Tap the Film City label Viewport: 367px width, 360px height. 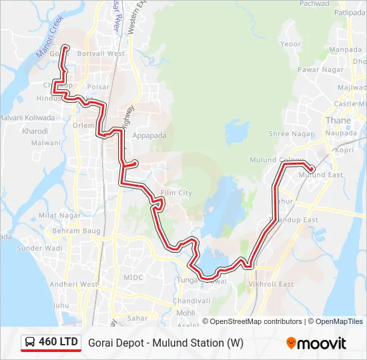(x=176, y=193)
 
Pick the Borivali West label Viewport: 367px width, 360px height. (x=101, y=53)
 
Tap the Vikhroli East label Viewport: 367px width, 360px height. (x=271, y=284)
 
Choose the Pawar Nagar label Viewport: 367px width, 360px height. (x=302, y=69)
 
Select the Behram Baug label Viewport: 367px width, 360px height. (x=76, y=231)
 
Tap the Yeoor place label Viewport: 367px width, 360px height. (x=291, y=44)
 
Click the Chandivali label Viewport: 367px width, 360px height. (x=192, y=301)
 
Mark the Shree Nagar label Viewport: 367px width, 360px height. (x=290, y=134)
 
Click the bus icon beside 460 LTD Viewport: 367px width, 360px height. (x=30, y=343)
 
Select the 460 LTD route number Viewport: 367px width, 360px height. (x=59, y=342)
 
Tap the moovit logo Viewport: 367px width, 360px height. (x=316, y=343)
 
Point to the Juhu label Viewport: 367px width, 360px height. (x=61, y=305)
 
